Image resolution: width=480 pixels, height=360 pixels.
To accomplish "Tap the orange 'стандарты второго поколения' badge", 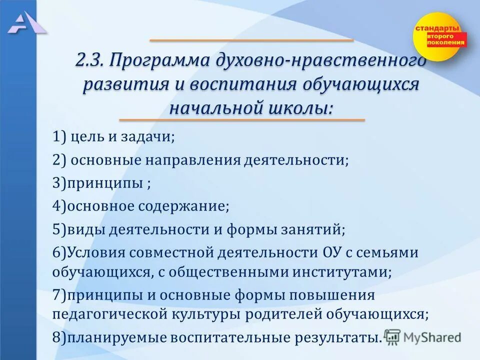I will coord(438,36).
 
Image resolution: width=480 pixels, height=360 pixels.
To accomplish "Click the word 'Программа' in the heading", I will coord(160,61).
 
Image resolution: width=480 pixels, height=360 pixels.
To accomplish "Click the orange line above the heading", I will coord(251,40).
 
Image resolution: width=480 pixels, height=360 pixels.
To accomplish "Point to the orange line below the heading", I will coord(242,120).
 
